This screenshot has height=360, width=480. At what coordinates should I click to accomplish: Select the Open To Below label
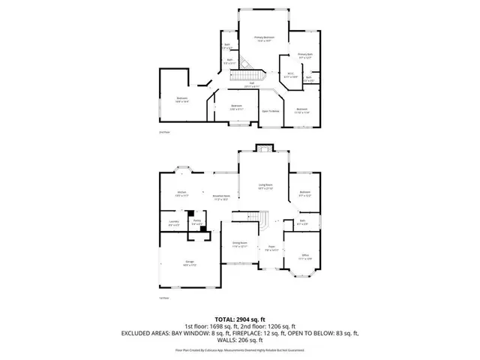pos(270,111)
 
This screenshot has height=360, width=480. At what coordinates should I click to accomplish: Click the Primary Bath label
pos(304,56)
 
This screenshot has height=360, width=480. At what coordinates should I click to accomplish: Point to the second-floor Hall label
pos(262,85)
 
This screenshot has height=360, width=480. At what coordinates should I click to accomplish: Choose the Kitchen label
pos(181,193)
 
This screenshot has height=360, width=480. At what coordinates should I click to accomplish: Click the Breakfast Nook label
pos(220,199)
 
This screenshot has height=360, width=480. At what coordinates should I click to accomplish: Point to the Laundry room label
pos(172,223)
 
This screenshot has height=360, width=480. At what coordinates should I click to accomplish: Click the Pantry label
pos(196,223)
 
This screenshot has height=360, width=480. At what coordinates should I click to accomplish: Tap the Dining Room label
pos(240,244)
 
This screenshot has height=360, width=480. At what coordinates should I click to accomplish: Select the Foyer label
pos(271,249)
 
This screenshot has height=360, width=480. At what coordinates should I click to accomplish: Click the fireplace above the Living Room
pos(264,147)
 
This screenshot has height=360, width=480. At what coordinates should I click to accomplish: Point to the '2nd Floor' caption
pos(164,133)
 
